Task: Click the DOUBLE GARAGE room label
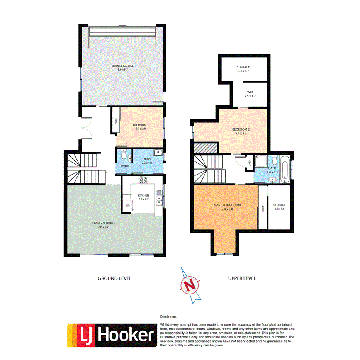pos(123,66)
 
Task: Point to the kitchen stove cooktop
pos(143,180)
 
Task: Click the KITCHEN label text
pos(143,195)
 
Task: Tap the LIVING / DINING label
pos(103,223)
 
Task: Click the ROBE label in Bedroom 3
pos(115,121)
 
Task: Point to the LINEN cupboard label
pos(250,164)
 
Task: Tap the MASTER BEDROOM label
pos(227,205)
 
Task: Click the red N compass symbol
pos(190,284)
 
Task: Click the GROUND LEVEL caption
pos(115,278)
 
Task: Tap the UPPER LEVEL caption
pos(242,278)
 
